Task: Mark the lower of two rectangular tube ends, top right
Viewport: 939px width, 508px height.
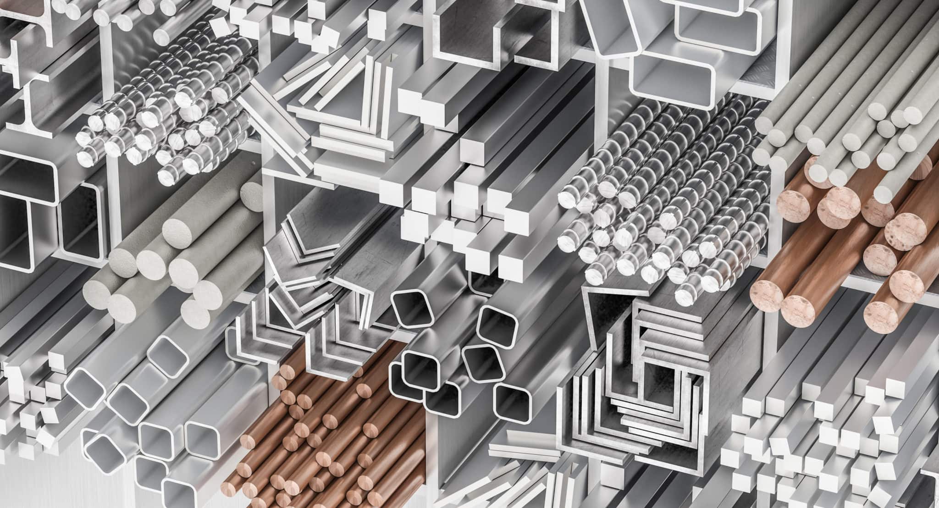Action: click(672, 78)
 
